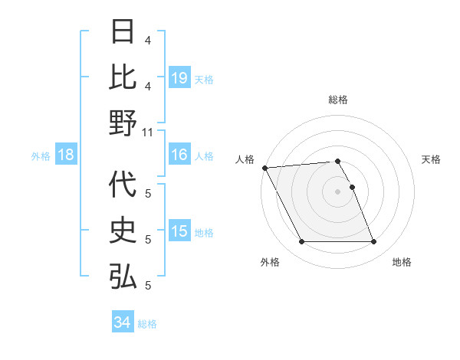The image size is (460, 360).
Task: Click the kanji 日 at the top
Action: point(123,31)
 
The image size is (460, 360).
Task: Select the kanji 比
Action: point(123,77)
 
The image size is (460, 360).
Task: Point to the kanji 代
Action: point(123,185)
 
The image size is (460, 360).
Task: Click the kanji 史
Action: point(123,231)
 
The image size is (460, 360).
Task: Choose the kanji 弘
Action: point(123,277)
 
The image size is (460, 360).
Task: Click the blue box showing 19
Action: point(179,77)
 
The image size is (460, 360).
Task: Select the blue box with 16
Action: point(179,155)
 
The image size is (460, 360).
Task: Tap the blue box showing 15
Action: point(179,231)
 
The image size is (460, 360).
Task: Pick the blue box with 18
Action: point(66,155)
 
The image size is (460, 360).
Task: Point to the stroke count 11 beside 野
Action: point(149,132)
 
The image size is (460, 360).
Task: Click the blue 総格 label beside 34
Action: point(147,324)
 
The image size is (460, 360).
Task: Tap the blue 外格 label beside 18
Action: point(41,156)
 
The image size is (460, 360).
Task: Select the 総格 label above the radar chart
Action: point(337,100)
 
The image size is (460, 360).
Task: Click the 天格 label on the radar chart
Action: point(432,159)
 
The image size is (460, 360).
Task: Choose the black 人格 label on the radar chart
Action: point(245,159)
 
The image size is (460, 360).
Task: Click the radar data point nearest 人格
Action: point(264,167)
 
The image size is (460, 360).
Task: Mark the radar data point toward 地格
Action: point(374,242)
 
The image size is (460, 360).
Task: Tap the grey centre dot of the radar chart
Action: point(337,191)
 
